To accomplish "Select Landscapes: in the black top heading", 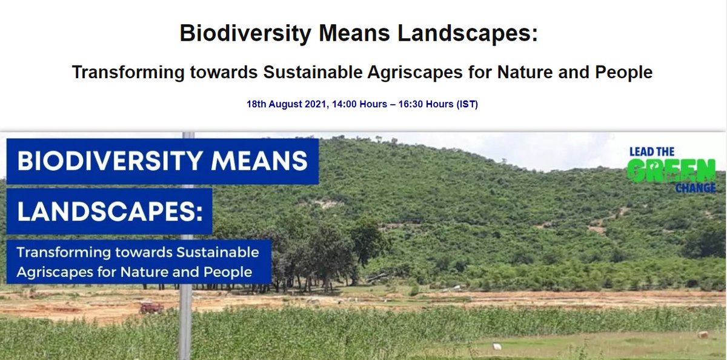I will [468, 33].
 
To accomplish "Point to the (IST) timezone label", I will [467, 104].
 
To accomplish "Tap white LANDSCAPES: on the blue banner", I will [109, 211].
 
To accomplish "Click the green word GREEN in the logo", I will [671, 170].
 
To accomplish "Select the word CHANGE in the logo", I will [695, 188].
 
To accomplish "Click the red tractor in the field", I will [151, 308].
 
